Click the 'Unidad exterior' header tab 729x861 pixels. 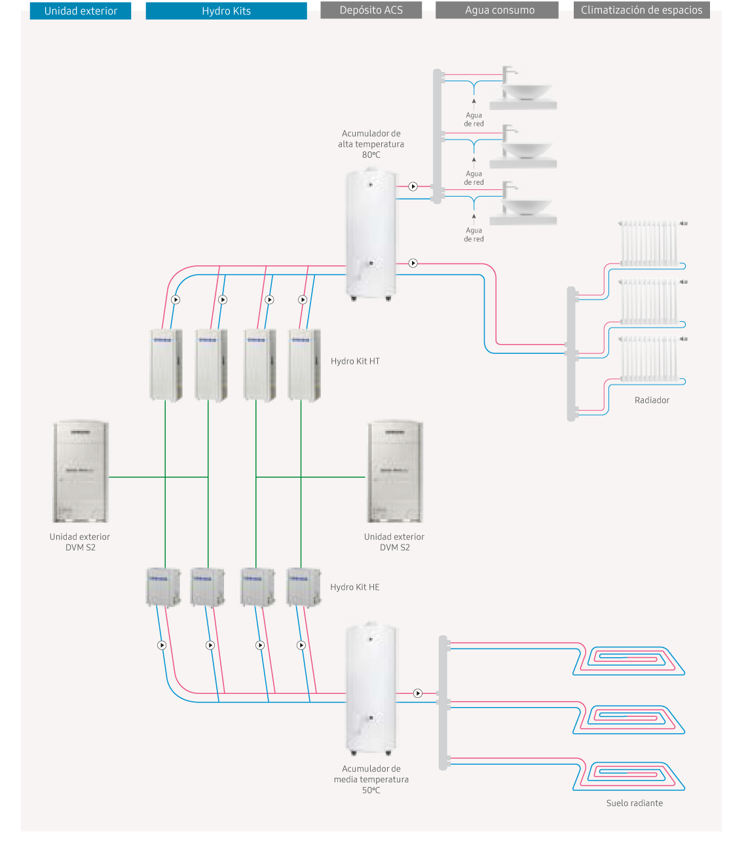(x=81, y=11)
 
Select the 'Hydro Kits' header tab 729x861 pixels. (x=226, y=11)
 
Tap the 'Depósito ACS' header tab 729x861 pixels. (x=371, y=10)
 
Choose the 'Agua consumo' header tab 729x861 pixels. (x=499, y=10)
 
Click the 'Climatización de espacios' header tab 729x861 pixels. (x=641, y=10)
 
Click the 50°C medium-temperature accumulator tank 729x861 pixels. (x=371, y=688)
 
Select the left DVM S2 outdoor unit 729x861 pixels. (x=81, y=472)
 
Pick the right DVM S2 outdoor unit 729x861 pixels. (x=395, y=472)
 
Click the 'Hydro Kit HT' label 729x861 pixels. (x=355, y=361)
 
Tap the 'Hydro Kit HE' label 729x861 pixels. (x=355, y=587)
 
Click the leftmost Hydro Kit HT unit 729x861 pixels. (x=166, y=364)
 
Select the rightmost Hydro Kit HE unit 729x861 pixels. (x=303, y=586)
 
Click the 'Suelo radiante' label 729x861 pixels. (x=634, y=803)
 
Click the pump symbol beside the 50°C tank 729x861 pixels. (x=418, y=693)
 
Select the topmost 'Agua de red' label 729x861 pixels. (x=474, y=119)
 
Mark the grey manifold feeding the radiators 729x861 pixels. (x=571, y=354)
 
